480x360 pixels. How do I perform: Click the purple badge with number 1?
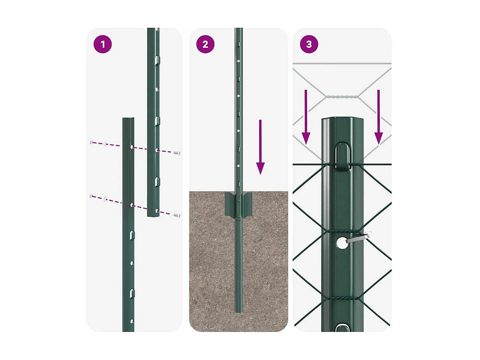pyautogui.click(x=102, y=44)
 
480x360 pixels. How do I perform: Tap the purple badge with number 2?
pyautogui.click(x=205, y=44)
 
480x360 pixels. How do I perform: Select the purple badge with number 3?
pyautogui.click(x=309, y=44)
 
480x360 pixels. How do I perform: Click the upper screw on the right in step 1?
pyautogui.click(x=177, y=153)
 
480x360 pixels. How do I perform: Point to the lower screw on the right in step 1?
pyautogui.click(x=177, y=216)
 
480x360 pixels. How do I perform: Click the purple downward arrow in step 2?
pyautogui.click(x=260, y=147)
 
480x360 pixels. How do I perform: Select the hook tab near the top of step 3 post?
pyautogui.click(x=342, y=156)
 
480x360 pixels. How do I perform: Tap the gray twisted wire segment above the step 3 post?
pyautogui.click(x=342, y=97)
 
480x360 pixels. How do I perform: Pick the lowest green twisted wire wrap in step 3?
pyautogui.click(x=342, y=298)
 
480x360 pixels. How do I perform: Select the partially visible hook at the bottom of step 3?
pyautogui.click(x=342, y=328)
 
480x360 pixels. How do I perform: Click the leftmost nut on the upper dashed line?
pyautogui.click(x=92, y=142)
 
